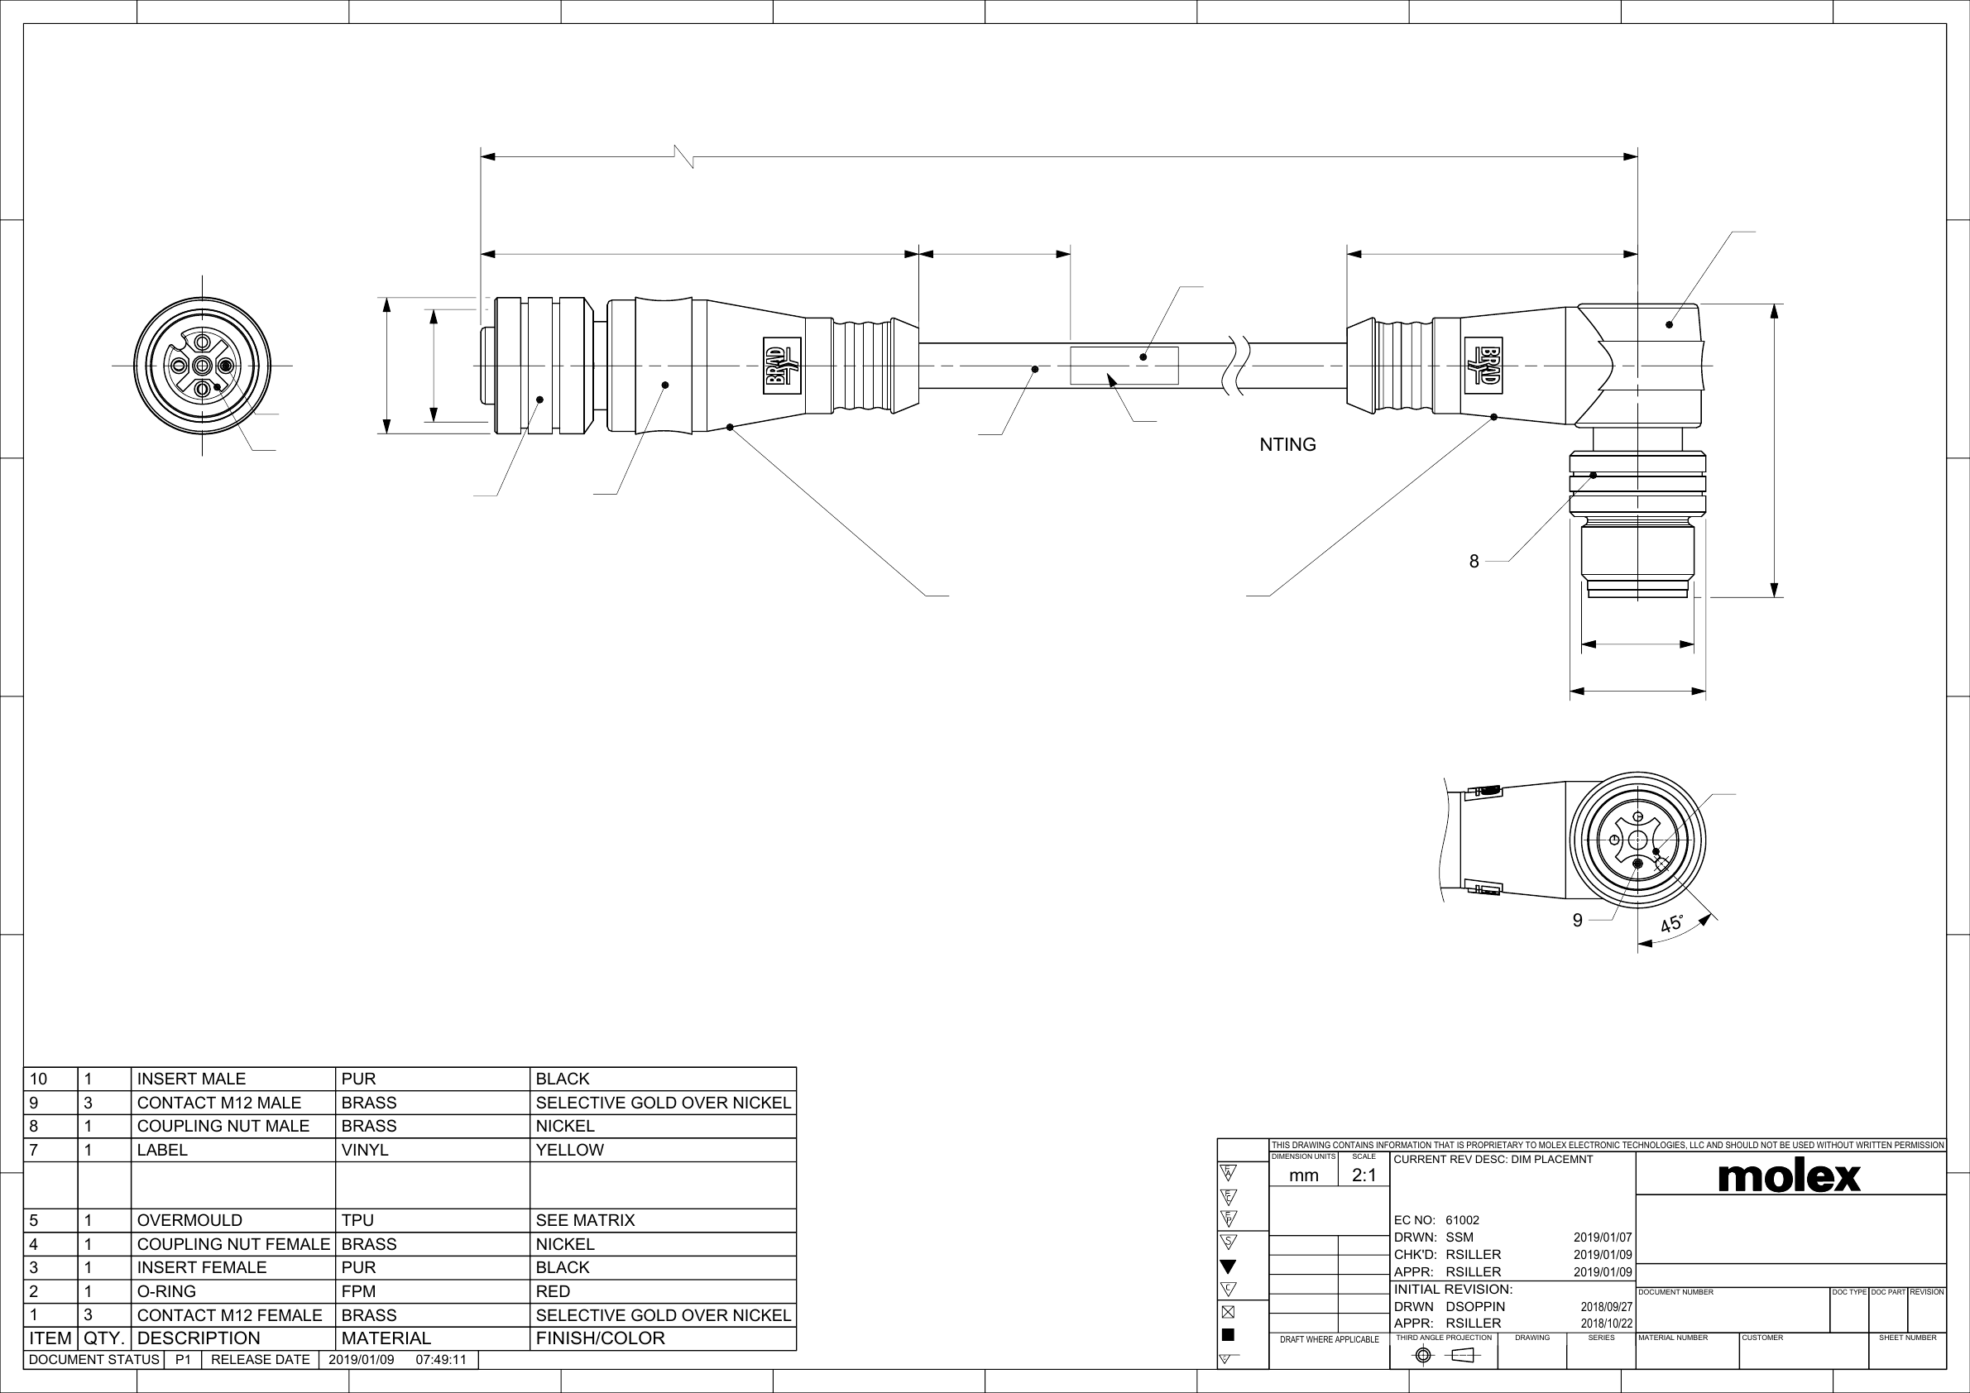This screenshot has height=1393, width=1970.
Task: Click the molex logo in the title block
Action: pos(1789,1176)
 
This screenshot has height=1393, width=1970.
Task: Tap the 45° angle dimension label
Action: pos(1670,925)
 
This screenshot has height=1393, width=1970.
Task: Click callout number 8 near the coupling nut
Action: pos(1474,562)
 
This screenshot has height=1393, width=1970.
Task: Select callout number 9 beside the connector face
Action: pos(1577,921)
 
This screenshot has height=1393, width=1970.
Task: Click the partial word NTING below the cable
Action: pos(1287,444)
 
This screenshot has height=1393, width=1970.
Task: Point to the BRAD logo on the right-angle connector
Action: pos(1483,366)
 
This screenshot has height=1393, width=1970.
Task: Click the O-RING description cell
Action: pos(166,1291)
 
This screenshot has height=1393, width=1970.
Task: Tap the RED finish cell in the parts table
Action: pos(553,1291)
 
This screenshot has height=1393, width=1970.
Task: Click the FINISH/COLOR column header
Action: pos(600,1338)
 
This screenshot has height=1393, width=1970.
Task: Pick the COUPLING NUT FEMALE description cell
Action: pos(233,1244)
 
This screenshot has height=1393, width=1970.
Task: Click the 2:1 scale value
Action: pos(1364,1175)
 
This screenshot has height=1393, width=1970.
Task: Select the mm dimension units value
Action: pos(1303,1175)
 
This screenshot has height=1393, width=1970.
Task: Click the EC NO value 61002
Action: pos(1462,1220)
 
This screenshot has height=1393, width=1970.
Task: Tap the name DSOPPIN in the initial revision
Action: pos(1475,1306)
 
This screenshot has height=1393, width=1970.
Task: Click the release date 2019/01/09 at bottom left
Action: pos(362,1360)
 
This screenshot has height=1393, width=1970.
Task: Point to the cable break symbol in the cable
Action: pos(1239,366)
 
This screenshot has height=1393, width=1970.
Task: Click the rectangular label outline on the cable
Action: pos(1124,366)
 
